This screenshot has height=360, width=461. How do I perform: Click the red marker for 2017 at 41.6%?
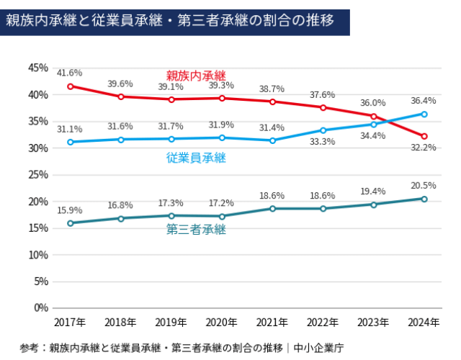(71, 86)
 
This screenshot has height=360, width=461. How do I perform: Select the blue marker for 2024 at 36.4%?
(424, 114)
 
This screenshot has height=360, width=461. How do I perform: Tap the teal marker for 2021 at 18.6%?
(272, 209)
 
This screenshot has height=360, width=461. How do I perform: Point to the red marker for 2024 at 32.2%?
(424, 136)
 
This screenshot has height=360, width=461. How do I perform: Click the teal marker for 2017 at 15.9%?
(71, 223)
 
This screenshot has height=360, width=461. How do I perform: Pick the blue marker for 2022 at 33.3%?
(323, 130)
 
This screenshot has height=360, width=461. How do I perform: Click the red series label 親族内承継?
(196, 76)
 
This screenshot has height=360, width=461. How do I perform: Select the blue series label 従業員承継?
(196, 158)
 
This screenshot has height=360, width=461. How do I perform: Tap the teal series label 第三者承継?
(196, 230)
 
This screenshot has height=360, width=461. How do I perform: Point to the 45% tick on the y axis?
(37, 68)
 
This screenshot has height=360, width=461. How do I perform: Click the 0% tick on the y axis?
(40, 307)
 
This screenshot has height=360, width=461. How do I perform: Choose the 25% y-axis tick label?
(37, 174)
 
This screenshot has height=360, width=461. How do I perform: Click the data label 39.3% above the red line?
(222, 85)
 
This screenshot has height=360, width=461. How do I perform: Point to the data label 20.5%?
(424, 184)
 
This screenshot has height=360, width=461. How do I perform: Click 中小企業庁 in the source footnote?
(319, 348)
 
